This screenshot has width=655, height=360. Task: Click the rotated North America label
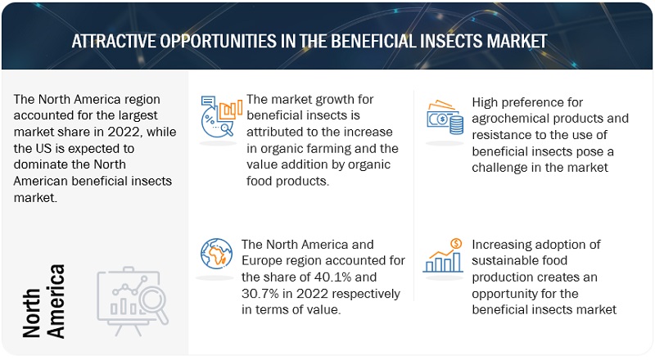tap(43, 301)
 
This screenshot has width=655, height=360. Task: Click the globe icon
tap(216, 254)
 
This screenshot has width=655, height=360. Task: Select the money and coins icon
tap(445, 117)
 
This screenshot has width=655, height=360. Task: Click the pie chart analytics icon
tap(221, 116)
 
